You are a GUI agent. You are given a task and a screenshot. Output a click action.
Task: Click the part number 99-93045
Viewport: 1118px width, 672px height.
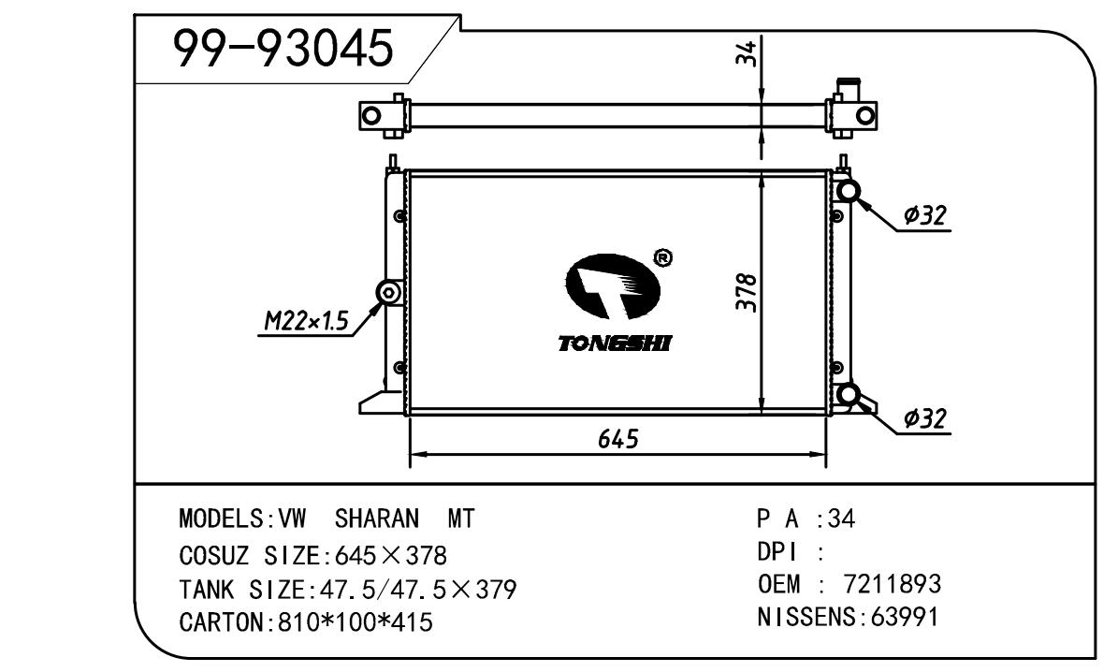pyautogui.click(x=283, y=49)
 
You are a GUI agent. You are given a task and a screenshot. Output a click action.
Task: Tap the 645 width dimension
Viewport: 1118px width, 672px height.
pyautogui.click(x=618, y=439)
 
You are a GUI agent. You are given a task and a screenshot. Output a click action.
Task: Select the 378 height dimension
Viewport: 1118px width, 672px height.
pyautogui.click(x=747, y=292)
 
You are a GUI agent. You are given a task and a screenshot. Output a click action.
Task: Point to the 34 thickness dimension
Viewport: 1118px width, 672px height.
pyautogui.click(x=746, y=53)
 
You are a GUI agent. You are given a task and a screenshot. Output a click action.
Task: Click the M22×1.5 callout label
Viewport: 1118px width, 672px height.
pyautogui.click(x=306, y=322)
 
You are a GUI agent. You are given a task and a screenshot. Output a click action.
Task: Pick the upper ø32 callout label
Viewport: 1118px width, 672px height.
pyautogui.click(x=924, y=214)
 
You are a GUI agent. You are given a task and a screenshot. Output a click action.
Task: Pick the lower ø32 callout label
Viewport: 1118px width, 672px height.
pyautogui.click(x=924, y=418)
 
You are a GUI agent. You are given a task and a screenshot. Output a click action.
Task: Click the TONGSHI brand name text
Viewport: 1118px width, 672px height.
pyautogui.click(x=615, y=343)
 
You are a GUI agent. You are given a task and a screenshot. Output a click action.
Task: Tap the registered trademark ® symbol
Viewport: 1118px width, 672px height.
pyautogui.click(x=662, y=257)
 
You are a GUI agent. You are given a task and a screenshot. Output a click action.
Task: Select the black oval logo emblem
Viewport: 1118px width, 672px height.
pyautogui.click(x=613, y=286)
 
